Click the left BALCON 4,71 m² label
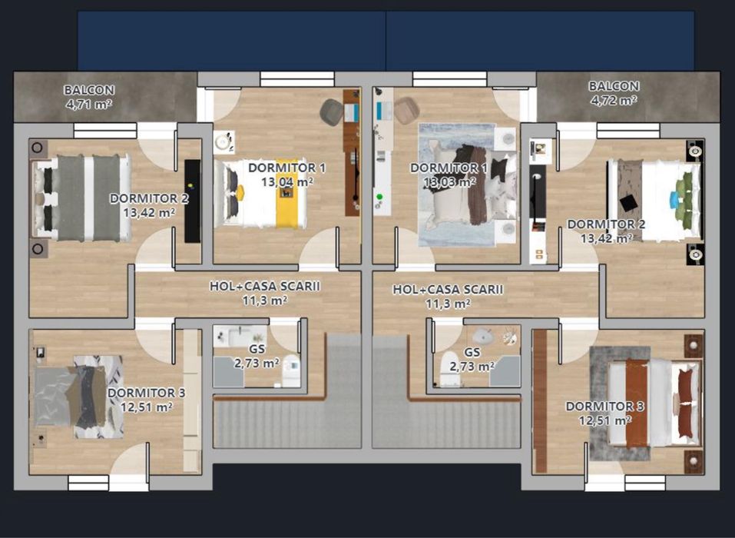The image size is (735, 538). pos(89,96)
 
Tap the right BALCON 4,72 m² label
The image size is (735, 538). pos(614,93)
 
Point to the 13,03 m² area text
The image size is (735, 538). pos(449,182)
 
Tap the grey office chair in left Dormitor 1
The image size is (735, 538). pos(332,112)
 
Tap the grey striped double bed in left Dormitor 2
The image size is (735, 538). pos(81,198)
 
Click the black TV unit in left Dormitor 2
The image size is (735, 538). pos(193,200)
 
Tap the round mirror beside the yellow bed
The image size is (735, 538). pos(223,141)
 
